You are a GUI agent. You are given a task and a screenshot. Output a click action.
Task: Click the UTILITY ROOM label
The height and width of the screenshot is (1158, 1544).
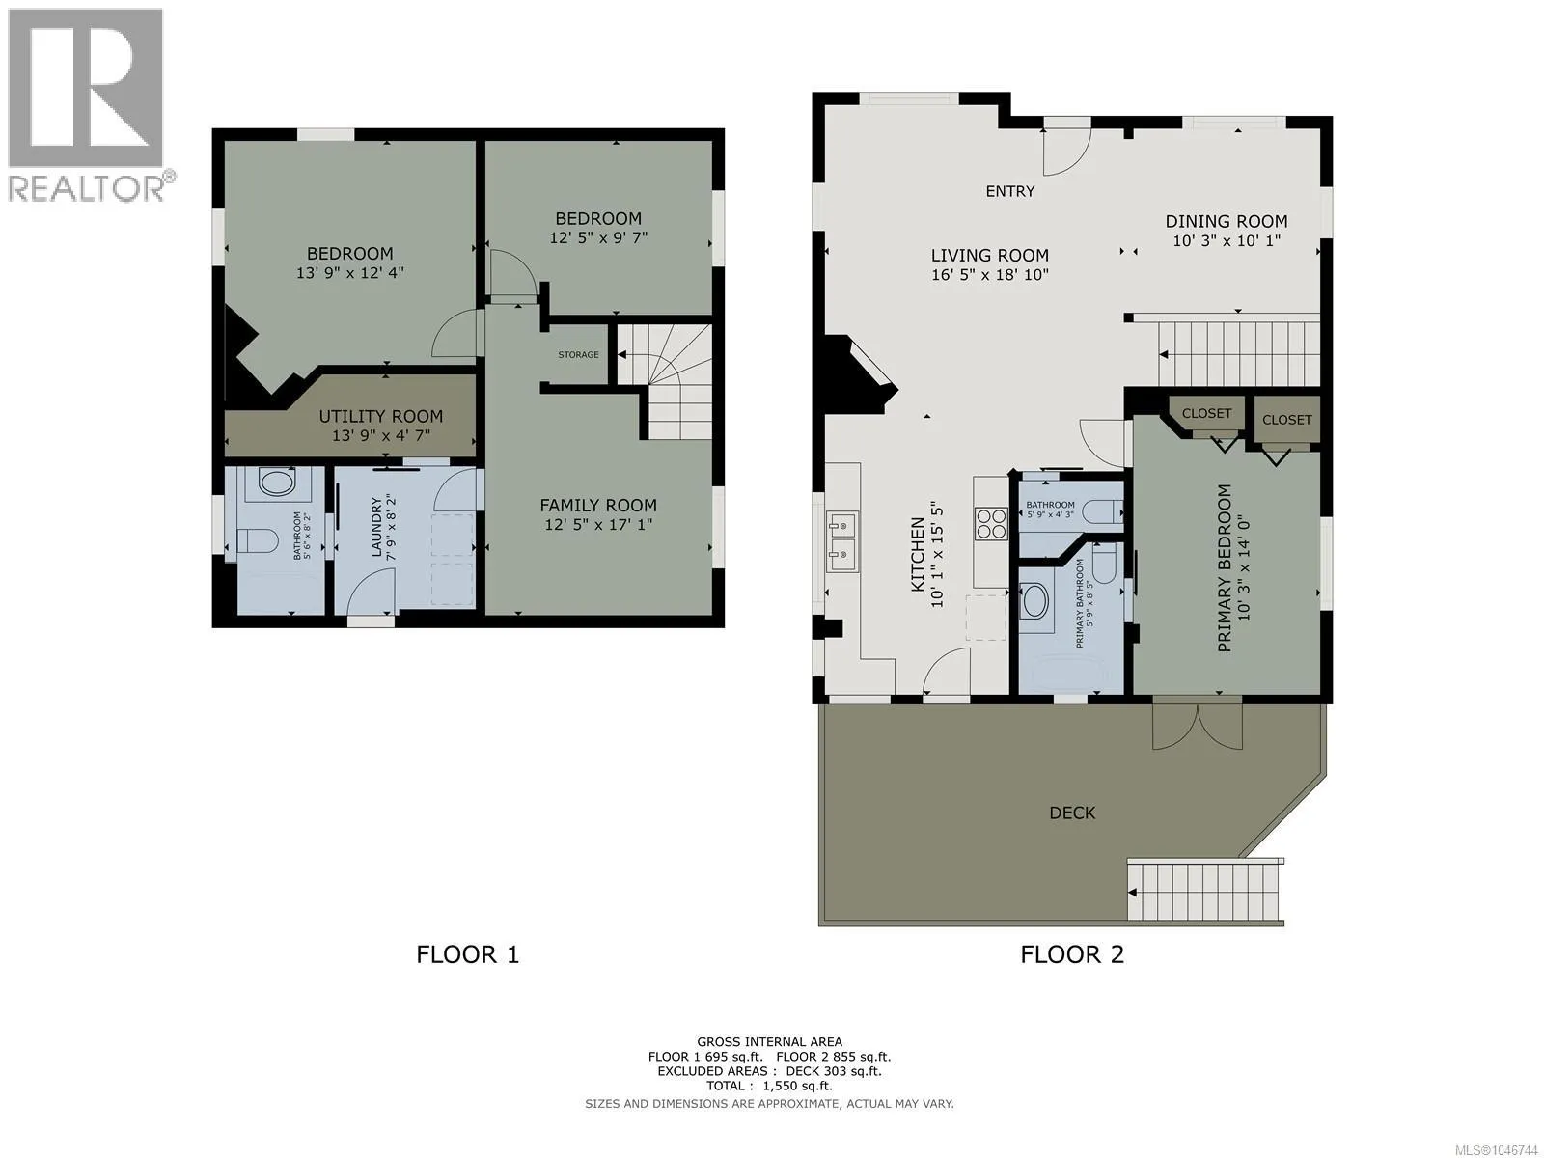point(380,416)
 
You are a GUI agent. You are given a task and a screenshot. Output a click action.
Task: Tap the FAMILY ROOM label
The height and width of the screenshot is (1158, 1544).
point(598,505)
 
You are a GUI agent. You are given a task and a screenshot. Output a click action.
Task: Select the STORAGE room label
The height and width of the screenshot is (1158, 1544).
point(578,354)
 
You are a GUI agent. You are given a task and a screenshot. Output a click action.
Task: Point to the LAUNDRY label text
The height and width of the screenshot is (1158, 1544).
point(376,527)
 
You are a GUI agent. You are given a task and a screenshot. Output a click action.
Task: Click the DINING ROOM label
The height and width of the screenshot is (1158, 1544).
point(1227,222)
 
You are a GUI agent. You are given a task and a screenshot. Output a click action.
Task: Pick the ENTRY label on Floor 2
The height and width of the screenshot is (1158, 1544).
point(1010,191)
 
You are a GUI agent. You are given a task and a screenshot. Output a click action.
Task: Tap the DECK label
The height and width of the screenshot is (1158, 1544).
point(1072,813)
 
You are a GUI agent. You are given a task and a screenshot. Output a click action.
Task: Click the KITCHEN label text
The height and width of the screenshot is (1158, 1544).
point(918,555)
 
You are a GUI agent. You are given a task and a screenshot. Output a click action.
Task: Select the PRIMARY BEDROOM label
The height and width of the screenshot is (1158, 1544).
point(1224,568)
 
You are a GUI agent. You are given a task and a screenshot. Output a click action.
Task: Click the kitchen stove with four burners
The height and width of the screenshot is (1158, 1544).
point(991,524)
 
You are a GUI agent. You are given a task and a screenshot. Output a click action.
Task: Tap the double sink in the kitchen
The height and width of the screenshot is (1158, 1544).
point(842,542)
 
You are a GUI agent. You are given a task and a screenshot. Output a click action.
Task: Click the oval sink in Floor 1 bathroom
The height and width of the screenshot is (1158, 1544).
point(271,482)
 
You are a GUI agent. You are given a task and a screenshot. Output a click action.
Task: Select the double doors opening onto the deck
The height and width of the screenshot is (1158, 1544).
point(1198,727)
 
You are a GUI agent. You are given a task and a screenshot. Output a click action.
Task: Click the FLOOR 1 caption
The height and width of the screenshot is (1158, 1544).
point(467,954)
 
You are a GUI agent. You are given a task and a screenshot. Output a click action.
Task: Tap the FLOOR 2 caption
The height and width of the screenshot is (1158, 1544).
point(1072,954)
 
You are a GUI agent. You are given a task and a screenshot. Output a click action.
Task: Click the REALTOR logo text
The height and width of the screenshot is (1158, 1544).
point(85,188)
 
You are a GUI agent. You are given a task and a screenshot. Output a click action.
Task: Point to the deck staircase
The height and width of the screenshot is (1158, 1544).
point(1205,891)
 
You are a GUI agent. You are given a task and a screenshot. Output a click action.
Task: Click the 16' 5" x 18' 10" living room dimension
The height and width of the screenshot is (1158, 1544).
point(990,275)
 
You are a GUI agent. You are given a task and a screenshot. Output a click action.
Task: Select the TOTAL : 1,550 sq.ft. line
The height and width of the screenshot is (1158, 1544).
point(769,1086)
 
